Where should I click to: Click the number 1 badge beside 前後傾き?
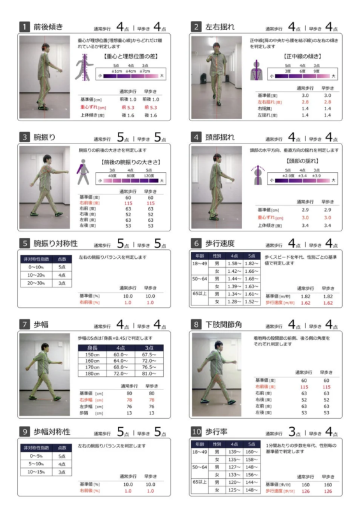(24, 27)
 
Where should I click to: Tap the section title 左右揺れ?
(218, 27)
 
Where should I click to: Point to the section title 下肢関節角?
(222, 324)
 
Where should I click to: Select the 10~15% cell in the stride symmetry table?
(35, 472)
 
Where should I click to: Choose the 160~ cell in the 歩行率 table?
(252, 451)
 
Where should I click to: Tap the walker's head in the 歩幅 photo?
(45, 342)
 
